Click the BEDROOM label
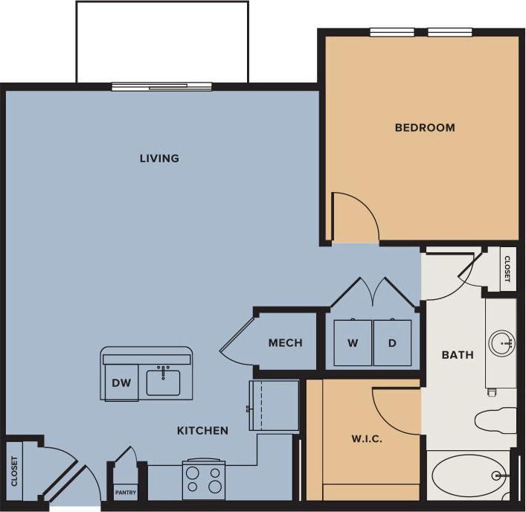coord(424,128)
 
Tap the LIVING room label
coord(160,159)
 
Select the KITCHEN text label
coord(202,431)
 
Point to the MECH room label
coord(285,343)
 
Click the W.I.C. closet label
coord(367,439)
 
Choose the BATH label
coord(458,355)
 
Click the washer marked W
coord(353,343)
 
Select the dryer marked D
coord(392,343)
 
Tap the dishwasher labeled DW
coord(121,383)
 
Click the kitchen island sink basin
coord(163,382)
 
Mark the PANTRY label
coord(125,493)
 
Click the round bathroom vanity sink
coord(502,343)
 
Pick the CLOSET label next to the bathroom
coord(507,269)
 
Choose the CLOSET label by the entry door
coord(14,471)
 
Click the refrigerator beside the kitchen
coord(275,406)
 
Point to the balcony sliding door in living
coord(161,87)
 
